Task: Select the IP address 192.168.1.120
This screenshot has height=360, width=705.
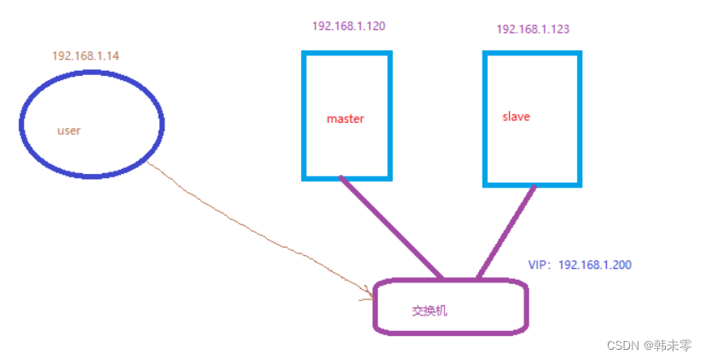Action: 349,26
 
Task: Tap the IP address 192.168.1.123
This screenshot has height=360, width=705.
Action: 533,29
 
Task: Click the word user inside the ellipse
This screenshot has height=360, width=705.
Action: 68,131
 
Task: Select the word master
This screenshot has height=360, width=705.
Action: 345,119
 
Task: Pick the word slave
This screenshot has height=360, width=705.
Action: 516,116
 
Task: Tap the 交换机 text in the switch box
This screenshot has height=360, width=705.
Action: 430,311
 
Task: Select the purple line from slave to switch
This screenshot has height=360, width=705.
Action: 507,230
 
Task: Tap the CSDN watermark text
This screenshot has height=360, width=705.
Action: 623,345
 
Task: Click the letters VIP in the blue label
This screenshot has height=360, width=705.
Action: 538,264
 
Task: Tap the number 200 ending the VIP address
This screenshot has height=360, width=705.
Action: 621,264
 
